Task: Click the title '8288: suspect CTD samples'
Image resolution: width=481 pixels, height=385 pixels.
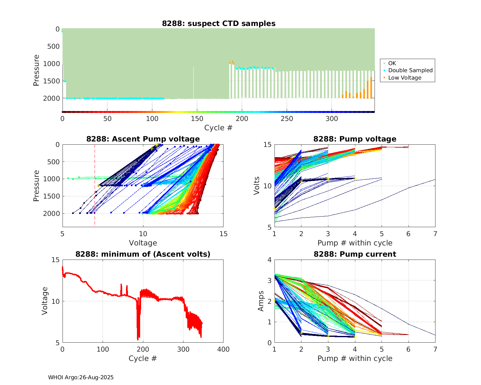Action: point(219,23)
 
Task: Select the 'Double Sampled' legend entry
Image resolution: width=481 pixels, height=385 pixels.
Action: point(410,70)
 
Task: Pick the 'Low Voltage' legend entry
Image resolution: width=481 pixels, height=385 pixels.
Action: point(405,78)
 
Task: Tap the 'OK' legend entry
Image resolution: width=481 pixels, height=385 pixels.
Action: point(392,63)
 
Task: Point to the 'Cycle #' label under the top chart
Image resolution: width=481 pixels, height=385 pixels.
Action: point(218,128)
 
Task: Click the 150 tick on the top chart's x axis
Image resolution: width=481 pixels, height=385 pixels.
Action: point(197,119)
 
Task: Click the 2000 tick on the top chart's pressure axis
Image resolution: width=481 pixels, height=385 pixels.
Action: point(51,98)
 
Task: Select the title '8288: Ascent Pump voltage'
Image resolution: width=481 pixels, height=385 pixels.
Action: point(143,139)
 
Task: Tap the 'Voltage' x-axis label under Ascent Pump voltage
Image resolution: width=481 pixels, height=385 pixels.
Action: point(143,243)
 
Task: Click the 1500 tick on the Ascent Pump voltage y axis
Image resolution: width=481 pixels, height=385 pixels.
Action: point(51,196)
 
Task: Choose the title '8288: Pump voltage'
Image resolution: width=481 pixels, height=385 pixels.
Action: point(355,139)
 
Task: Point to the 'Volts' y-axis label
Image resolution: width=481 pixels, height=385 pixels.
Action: point(257,186)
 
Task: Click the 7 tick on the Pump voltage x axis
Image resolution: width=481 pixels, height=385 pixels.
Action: point(435,234)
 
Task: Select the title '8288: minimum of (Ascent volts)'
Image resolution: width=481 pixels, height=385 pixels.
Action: point(143,254)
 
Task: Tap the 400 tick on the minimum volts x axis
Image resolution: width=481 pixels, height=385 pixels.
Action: point(223,349)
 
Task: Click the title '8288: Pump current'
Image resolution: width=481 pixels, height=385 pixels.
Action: point(355,254)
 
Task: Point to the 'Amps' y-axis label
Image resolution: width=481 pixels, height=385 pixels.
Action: point(261,301)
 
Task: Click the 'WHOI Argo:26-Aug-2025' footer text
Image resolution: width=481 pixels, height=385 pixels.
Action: point(81,377)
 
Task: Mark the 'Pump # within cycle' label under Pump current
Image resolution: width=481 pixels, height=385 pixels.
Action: point(355,358)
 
